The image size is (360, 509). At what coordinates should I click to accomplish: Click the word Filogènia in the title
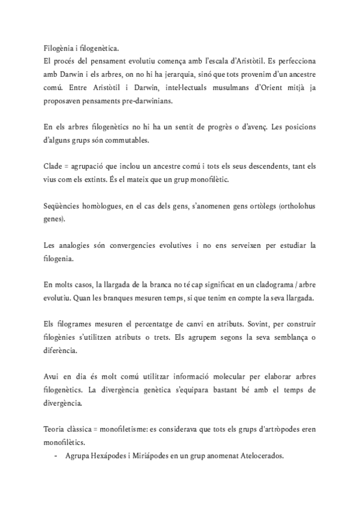point(59,49)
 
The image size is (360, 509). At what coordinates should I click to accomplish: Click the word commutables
point(139,141)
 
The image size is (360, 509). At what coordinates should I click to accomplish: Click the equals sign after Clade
point(70,166)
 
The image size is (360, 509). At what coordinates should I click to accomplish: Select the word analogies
point(78,245)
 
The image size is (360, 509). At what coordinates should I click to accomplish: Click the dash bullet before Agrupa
point(55,456)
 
